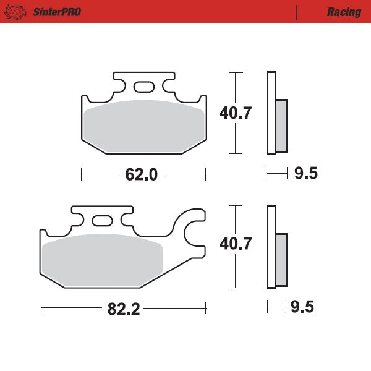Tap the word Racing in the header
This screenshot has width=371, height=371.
(344, 12)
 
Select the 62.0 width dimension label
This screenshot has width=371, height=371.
(142, 174)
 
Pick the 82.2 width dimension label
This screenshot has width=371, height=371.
(124, 309)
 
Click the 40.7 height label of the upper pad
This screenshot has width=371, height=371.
(236, 113)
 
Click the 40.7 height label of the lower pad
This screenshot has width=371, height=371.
(236, 244)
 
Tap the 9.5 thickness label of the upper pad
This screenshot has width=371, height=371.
(305, 174)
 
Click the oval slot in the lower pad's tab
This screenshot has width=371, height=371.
(101, 220)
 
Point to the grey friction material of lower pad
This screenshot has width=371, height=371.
(102, 259)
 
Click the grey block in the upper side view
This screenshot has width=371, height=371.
(281, 126)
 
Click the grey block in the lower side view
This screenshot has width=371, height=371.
(281, 259)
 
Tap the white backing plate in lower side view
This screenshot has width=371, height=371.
(270, 246)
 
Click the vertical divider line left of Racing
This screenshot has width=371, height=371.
(297, 12)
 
